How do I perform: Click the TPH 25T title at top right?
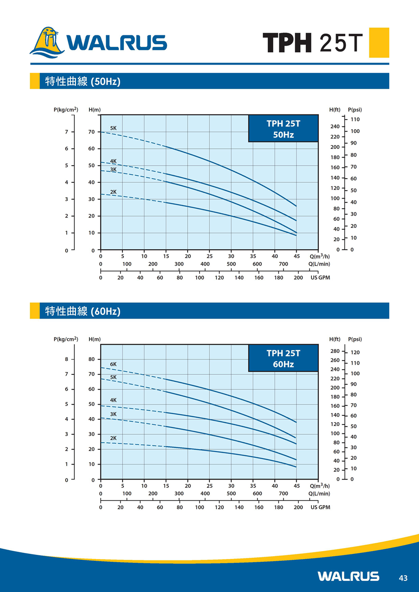(312, 43)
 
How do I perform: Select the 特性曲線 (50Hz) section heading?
(83, 81)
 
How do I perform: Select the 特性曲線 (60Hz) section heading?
(83, 311)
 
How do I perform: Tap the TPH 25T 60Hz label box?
(283, 359)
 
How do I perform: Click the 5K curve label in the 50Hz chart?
(113, 128)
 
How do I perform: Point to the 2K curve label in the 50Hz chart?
(113, 192)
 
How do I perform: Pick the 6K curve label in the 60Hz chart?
(113, 364)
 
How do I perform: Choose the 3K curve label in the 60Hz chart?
(113, 414)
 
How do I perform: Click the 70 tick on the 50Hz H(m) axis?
(92, 132)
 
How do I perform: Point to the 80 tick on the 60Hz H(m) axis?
(92, 359)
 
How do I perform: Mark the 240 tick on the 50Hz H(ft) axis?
(335, 126)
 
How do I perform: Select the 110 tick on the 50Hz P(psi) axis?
(355, 120)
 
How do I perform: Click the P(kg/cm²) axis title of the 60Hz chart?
(66, 339)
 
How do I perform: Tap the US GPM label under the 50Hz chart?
(320, 278)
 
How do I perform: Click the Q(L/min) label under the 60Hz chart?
(319, 493)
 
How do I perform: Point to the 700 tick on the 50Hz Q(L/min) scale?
(283, 264)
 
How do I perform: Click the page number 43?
(403, 578)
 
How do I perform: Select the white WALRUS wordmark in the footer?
(348, 577)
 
